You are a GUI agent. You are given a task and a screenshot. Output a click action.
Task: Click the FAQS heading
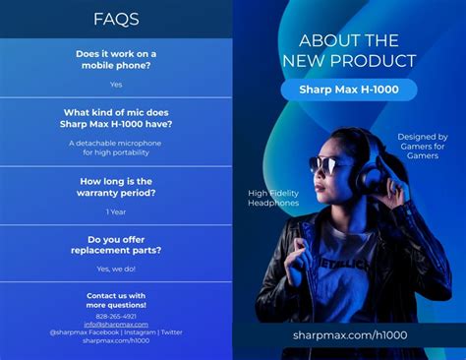(x=116, y=19)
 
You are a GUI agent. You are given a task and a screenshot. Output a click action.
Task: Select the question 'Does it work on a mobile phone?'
(x=116, y=59)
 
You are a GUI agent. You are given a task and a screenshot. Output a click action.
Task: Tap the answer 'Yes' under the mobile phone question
(x=116, y=85)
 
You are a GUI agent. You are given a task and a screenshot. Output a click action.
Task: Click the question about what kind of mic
(x=116, y=118)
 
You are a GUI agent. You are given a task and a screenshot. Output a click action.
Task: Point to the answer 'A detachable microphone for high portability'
(x=116, y=148)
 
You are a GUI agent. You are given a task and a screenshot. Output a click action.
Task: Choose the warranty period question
(x=116, y=187)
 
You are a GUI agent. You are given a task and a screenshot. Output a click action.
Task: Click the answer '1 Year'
(x=116, y=211)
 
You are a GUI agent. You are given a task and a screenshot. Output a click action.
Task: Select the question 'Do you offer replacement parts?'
(x=116, y=244)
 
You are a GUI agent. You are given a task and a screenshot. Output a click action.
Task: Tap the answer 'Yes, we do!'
(x=116, y=269)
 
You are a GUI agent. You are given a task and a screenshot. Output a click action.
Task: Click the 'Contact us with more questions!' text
(x=116, y=300)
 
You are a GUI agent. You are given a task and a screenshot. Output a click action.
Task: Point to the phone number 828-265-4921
(x=116, y=316)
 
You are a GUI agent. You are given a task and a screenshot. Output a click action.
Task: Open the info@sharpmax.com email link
(x=116, y=325)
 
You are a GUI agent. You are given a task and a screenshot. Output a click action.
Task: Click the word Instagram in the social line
(x=139, y=332)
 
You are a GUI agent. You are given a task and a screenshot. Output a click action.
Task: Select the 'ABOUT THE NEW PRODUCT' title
(x=349, y=50)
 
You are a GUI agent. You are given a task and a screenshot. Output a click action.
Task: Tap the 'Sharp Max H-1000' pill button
(x=349, y=90)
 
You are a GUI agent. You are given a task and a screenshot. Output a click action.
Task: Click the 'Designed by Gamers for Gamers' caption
(x=422, y=147)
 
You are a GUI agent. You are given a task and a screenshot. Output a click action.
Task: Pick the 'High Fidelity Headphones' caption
(x=272, y=199)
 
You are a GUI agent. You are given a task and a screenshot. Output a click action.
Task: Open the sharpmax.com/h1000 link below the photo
(x=349, y=334)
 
